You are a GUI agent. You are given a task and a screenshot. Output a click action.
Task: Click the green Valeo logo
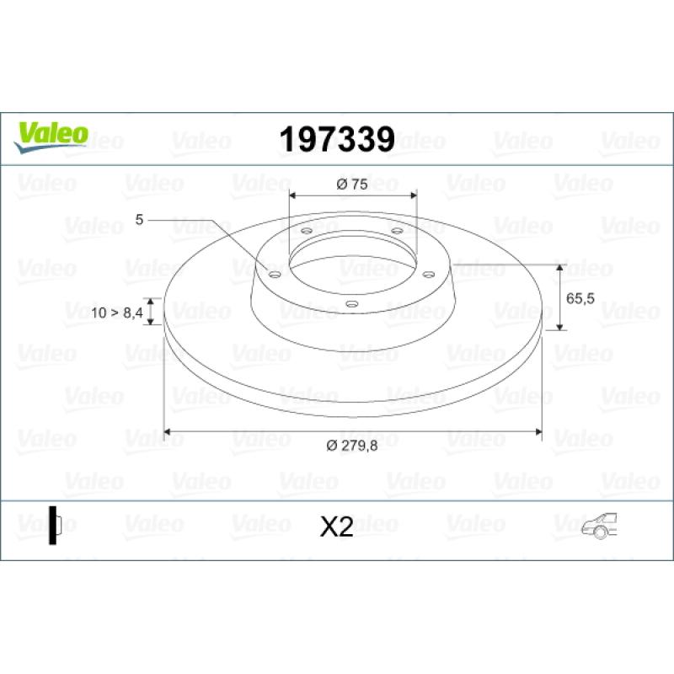(51, 137)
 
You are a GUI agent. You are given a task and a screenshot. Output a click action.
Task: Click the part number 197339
(337, 139)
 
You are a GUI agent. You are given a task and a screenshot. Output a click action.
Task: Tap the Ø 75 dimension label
(352, 184)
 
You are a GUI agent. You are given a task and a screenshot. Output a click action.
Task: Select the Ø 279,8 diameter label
(352, 446)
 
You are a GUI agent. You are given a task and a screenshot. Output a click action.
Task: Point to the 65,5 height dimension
(580, 298)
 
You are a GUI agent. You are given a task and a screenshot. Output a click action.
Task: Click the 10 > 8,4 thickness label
(117, 313)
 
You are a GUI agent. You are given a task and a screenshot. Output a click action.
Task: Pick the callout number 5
(139, 220)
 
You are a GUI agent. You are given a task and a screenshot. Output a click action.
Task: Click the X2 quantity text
(336, 527)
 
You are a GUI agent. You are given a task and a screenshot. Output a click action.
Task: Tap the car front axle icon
(599, 526)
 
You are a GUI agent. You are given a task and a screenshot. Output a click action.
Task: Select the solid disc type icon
(55, 525)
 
